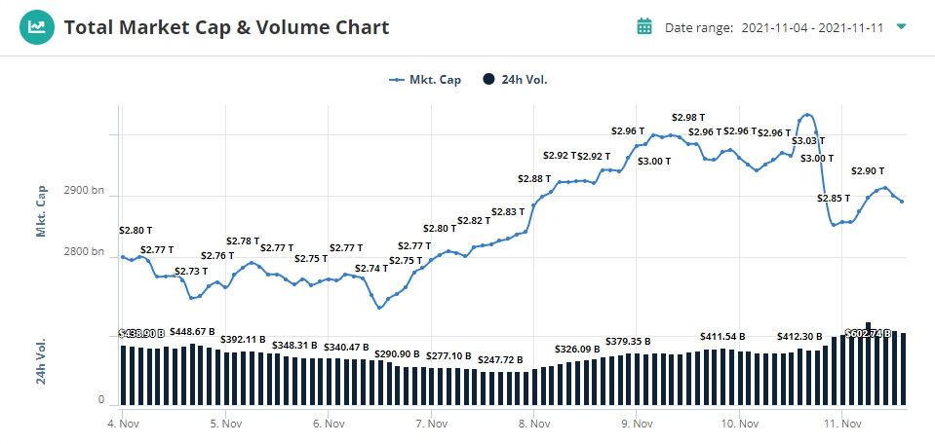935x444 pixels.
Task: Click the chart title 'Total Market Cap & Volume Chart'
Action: click(x=226, y=27)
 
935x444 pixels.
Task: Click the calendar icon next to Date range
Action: click(x=643, y=26)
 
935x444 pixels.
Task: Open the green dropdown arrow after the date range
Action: click(x=901, y=26)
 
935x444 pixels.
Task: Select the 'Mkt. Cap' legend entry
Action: click(x=425, y=80)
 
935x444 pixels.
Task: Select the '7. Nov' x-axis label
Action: click(x=431, y=424)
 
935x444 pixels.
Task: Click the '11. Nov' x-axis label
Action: click(x=842, y=424)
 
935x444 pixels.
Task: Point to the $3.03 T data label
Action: click(x=807, y=141)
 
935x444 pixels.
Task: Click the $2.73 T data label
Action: click(x=191, y=271)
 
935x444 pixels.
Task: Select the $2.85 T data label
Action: click(x=835, y=199)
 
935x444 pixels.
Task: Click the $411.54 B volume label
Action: click(x=722, y=336)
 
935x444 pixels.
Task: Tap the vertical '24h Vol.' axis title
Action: click(x=42, y=361)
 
